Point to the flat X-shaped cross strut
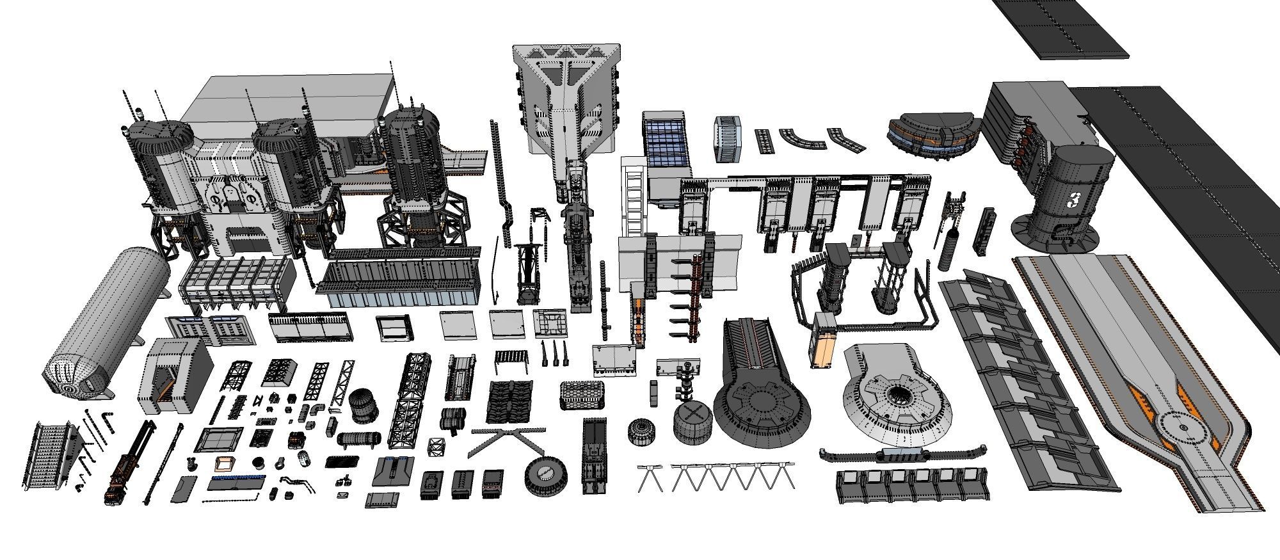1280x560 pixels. (x=508, y=441)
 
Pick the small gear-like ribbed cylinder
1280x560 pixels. (x=642, y=432)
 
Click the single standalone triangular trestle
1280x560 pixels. (x=652, y=479)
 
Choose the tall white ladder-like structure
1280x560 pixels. (x=634, y=195)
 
